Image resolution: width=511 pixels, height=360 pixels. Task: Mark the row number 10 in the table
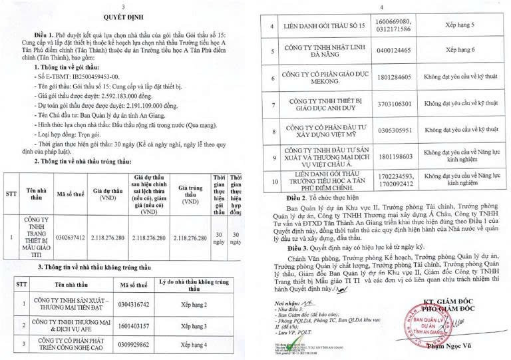pyautogui.click(x=271, y=180)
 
